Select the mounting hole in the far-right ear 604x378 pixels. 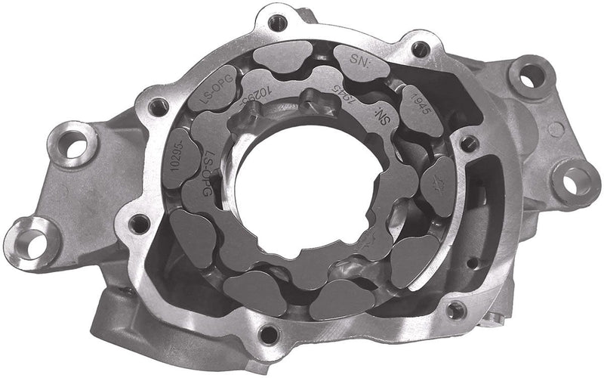(x=577, y=179)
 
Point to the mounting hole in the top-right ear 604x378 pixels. (x=531, y=75)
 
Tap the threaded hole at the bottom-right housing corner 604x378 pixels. (x=455, y=309)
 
